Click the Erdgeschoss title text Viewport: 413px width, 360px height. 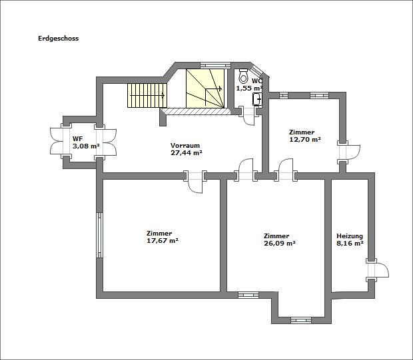[58, 39]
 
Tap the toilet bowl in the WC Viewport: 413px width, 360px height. [243, 76]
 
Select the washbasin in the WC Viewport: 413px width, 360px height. [257, 99]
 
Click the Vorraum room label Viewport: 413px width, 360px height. [185, 146]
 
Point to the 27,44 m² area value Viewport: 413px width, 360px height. [187, 152]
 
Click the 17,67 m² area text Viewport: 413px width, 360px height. [163, 240]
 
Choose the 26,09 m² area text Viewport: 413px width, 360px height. [280, 243]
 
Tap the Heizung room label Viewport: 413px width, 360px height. [350, 236]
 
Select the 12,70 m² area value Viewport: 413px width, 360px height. [305, 139]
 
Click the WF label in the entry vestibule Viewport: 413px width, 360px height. [76, 138]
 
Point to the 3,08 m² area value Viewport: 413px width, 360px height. [86, 146]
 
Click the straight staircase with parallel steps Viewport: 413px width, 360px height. [147, 96]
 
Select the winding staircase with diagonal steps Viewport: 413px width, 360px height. [205, 89]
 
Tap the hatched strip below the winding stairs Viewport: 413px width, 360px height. [195, 112]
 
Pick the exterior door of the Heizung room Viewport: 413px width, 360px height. [378, 270]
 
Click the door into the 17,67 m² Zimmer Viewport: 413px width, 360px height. [195, 182]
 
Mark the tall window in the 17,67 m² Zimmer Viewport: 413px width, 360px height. [99, 235]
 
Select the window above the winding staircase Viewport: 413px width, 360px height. [216, 65]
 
